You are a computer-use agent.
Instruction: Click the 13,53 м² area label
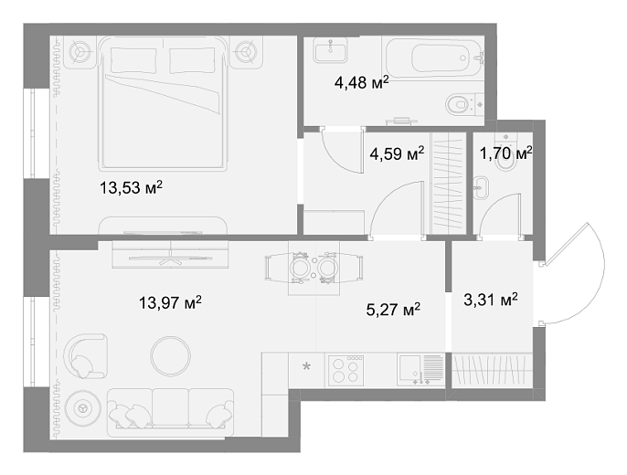point(132,187)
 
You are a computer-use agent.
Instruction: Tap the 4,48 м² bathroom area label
point(362,83)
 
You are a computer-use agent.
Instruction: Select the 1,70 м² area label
point(505,153)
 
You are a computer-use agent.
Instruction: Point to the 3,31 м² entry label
point(491,300)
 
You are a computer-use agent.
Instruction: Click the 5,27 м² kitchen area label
point(393,310)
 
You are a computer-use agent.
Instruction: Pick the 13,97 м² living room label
point(170,303)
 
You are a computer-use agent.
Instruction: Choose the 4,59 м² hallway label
point(397,153)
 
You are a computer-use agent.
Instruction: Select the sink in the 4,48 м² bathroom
point(330,50)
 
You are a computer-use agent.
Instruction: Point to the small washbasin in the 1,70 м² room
point(481,188)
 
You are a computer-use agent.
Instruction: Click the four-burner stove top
point(345,370)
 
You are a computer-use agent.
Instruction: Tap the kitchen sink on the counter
point(420,370)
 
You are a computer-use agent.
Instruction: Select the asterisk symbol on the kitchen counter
point(306,366)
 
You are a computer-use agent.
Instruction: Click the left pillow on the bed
point(133,60)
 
